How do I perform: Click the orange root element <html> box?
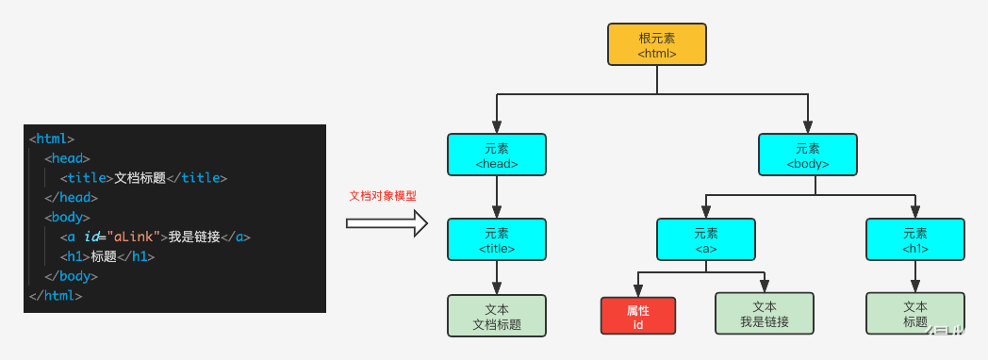[x=657, y=44]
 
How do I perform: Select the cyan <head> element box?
[x=497, y=155]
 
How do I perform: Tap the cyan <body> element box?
[x=808, y=155]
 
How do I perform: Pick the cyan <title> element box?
[x=497, y=240]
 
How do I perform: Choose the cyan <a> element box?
[x=705, y=240]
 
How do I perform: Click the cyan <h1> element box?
[x=914, y=240]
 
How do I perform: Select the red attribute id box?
[x=637, y=316]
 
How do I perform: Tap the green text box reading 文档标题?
[x=497, y=316]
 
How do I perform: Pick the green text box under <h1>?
[x=914, y=314]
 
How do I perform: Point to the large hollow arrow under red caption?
[x=387, y=223]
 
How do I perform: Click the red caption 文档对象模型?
[x=382, y=196]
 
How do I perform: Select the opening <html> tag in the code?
[x=52, y=139]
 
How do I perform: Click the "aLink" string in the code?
[x=136, y=237]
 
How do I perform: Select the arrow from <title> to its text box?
[x=497, y=278]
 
